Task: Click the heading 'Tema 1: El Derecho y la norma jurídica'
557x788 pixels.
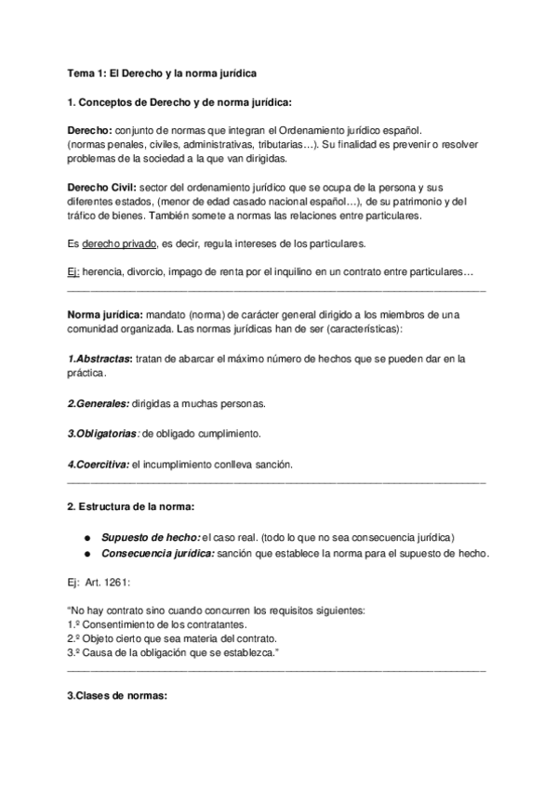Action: (x=163, y=72)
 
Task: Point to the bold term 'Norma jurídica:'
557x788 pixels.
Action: (x=107, y=314)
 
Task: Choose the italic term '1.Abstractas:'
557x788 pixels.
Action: (x=100, y=358)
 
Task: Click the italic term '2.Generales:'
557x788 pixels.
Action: (x=99, y=403)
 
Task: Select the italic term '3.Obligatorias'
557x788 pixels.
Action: (x=103, y=434)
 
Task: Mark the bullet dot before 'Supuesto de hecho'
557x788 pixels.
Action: (x=86, y=538)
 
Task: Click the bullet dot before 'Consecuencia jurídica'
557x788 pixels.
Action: (x=86, y=554)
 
